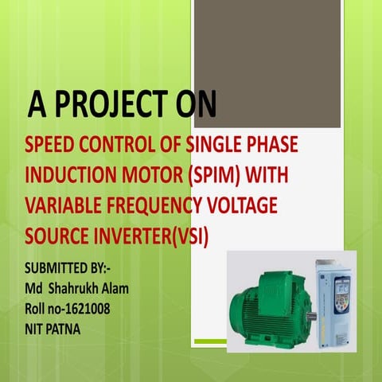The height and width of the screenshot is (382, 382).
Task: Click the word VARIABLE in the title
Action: (x=60, y=206)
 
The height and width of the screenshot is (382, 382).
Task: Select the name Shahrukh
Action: (x=78, y=286)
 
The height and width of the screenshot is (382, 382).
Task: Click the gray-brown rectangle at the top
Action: (x=267, y=64)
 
